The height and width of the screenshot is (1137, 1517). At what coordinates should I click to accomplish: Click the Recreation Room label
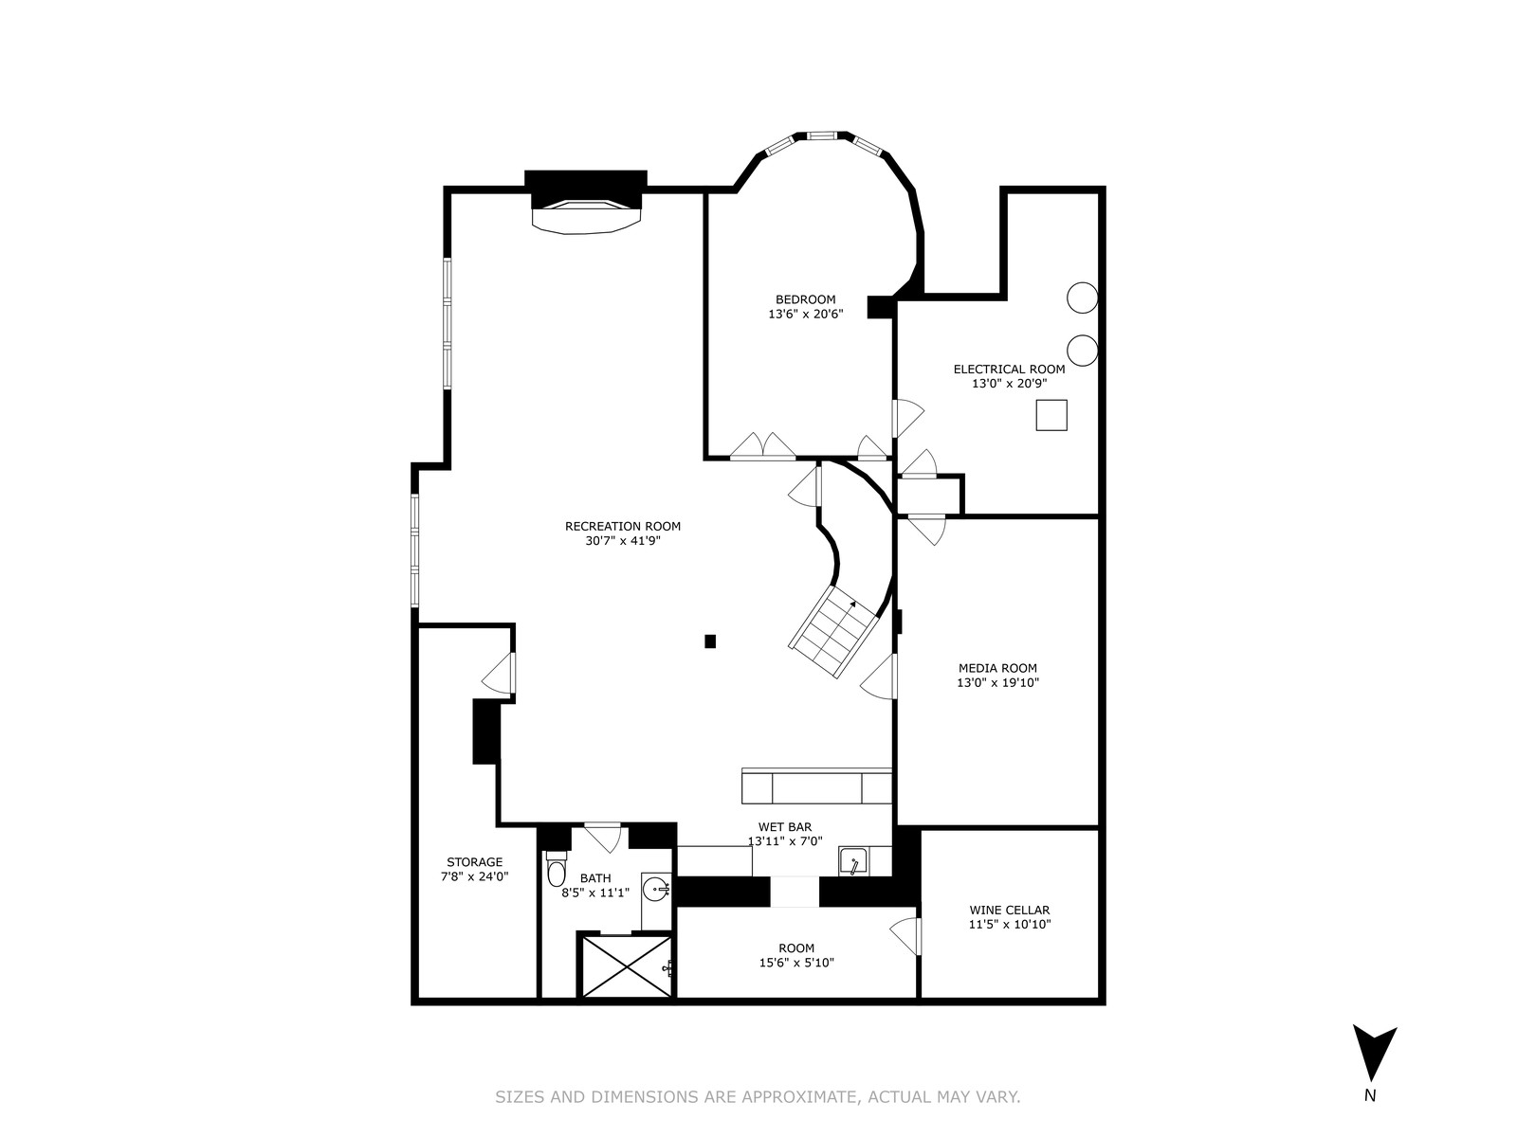click(622, 526)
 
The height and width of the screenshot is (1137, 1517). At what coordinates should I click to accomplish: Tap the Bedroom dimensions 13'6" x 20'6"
click(805, 315)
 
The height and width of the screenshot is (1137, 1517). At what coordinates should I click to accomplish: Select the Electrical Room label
click(1009, 370)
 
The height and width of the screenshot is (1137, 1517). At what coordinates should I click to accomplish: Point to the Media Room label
click(997, 668)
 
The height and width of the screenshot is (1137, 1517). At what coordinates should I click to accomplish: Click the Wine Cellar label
click(1009, 911)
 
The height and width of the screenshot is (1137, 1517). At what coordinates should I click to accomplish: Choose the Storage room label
click(474, 862)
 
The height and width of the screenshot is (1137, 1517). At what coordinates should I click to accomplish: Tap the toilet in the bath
click(557, 869)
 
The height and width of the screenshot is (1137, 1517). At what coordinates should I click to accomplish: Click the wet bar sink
click(855, 861)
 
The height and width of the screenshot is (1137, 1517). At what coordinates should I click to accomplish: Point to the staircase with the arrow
click(833, 632)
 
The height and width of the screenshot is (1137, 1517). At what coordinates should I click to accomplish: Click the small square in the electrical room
click(1051, 416)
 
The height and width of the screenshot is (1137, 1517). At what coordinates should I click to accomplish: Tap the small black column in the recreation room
click(710, 641)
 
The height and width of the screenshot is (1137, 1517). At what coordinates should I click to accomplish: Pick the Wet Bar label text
click(784, 827)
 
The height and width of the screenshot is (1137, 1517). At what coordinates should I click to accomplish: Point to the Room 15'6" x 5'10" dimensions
click(796, 963)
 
